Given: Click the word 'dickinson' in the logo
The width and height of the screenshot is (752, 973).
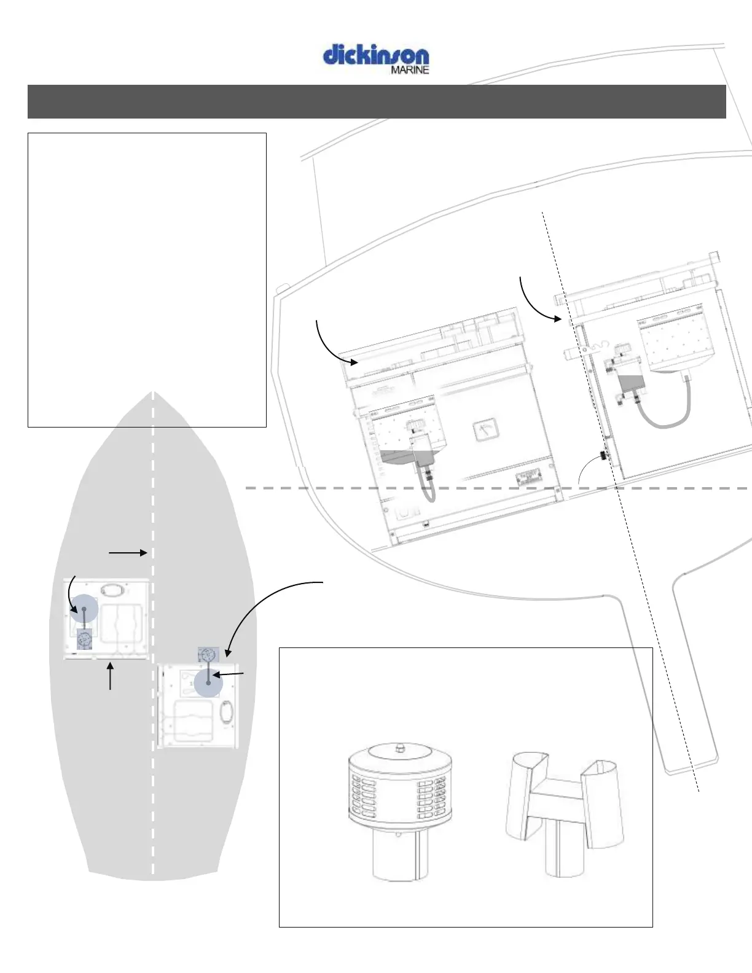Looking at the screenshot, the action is (376, 55).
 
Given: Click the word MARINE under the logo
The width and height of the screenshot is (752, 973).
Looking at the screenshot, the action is (410, 70).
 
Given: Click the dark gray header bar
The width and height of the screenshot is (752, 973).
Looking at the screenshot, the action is (377, 101).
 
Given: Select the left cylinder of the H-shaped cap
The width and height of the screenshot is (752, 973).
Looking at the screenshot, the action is (526, 792).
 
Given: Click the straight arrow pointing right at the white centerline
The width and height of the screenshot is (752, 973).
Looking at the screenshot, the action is (128, 553).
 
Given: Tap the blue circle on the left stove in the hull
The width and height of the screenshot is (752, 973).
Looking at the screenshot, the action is (84, 609).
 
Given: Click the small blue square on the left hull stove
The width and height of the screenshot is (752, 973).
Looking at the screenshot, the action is (85, 640).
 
